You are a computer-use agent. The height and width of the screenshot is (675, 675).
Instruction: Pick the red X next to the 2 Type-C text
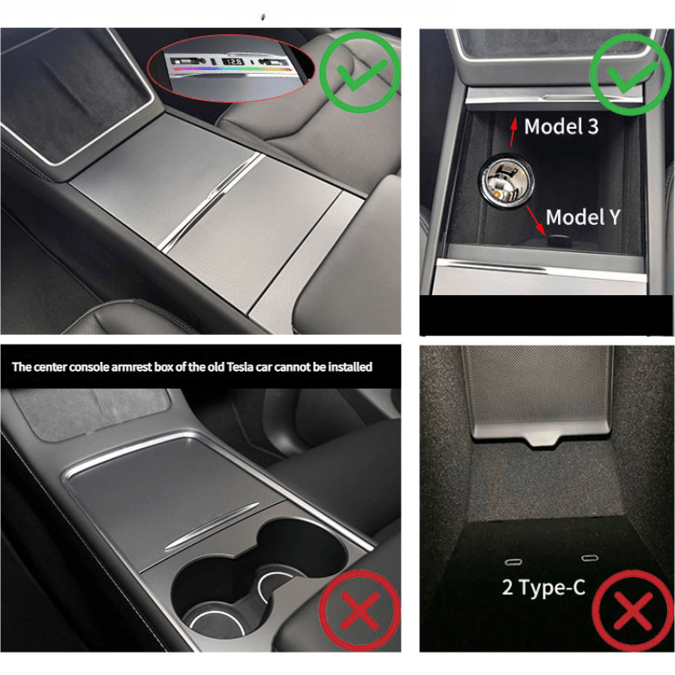point(633,612)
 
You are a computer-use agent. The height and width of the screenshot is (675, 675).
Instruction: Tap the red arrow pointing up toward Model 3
point(512,128)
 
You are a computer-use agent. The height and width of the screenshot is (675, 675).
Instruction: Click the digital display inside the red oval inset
point(233,63)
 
